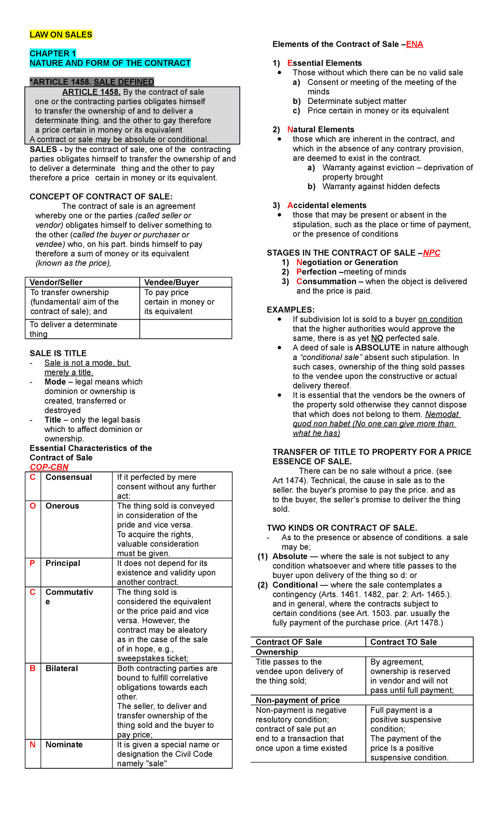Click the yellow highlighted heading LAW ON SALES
click(61, 35)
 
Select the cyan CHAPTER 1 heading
click(52, 53)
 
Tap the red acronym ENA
click(415, 45)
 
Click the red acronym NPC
click(431, 253)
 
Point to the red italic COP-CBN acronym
click(49, 467)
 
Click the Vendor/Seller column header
click(56, 283)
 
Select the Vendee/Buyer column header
click(171, 283)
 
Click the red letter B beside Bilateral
click(33, 668)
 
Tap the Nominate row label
click(64, 744)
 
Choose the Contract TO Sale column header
click(403, 642)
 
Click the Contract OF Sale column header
click(289, 642)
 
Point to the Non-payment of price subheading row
click(298, 700)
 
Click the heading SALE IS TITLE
click(58, 354)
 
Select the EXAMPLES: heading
click(291, 310)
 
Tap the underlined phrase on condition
click(440, 320)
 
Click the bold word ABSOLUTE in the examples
click(378, 348)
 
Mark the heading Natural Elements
click(320, 130)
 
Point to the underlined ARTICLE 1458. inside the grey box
click(92, 92)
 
